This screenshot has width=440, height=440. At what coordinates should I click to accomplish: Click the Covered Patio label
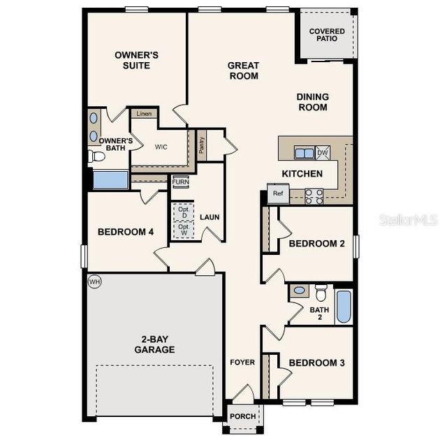coord(327,35)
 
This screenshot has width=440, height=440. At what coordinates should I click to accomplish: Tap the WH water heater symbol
coord(94,281)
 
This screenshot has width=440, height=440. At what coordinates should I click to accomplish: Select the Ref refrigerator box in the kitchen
coord(278,193)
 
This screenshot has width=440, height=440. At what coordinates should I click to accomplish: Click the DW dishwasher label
coord(322,152)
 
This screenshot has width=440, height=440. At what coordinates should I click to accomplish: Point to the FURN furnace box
coord(181,182)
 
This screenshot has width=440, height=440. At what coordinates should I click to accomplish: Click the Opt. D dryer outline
coord(184,212)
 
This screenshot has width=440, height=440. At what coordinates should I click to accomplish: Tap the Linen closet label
coord(144,114)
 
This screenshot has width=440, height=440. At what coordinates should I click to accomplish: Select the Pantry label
coord(202,145)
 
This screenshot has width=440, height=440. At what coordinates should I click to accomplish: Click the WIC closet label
coord(161,147)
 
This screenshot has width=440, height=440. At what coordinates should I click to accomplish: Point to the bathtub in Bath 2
coord(344,307)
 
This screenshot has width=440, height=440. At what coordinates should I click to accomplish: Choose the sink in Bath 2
coord(299,290)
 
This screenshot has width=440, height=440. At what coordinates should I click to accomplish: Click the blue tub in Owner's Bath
coord(110,179)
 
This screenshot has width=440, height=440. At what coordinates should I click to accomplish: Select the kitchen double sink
coord(304,153)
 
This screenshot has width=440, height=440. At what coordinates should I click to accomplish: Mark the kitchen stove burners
coord(314,196)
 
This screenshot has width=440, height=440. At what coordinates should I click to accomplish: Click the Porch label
coord(243,416)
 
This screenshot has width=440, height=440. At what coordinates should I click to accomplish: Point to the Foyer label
coord(243,362)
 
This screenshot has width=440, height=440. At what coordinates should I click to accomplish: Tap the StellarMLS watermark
coord(408,220)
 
